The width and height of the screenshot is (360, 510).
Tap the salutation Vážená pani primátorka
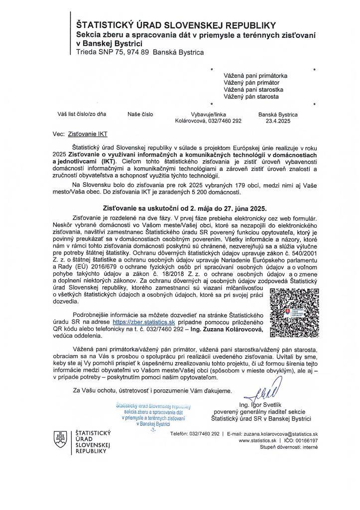click(255, 76)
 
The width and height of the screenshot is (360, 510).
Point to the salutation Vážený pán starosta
click(251, 97)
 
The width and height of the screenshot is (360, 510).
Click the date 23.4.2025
click(278, 121)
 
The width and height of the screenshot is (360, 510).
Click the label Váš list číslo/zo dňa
click(82, 114)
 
